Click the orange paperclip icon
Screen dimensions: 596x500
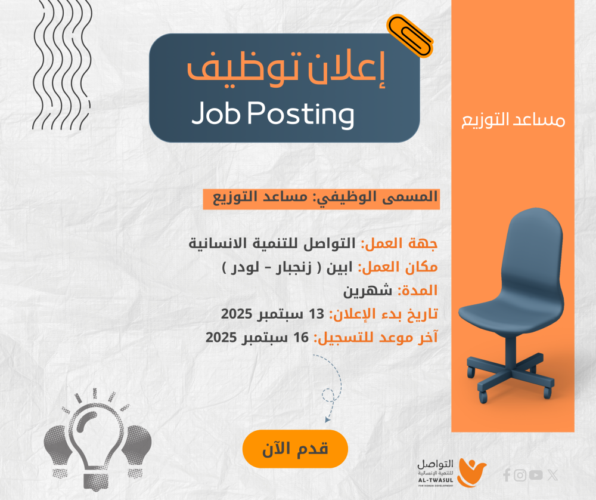[x=410, y=36]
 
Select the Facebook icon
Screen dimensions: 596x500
[x=506, y=475]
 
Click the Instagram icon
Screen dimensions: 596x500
[x=520, y=476]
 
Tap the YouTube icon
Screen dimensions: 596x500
[x=536, y=475]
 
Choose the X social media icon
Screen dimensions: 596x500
[x=552, y=475]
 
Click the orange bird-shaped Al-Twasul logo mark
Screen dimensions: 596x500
[x=471, y=473]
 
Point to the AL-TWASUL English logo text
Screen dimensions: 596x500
[x=436, y=480]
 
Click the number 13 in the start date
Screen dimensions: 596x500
[x=316, y=314]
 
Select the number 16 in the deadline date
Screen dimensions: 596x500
[x=301, y=337]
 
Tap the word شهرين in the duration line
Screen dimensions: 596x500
[x=368, y=291]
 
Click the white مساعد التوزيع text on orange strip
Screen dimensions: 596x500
[x=513, y=120]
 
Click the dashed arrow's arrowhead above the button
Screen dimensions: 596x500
[x=327, y=419]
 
